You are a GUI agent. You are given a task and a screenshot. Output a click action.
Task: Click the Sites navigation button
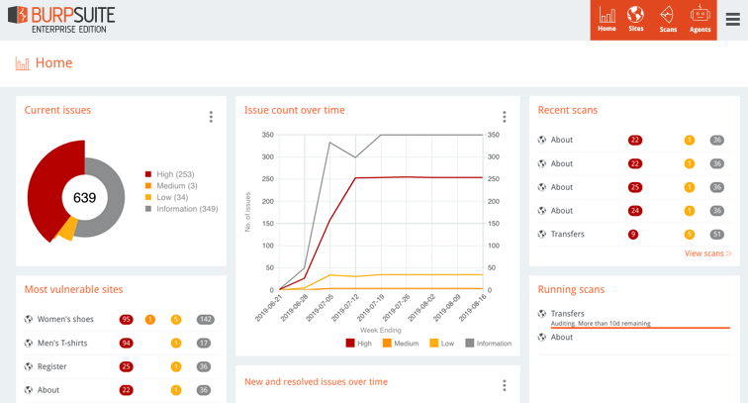635,19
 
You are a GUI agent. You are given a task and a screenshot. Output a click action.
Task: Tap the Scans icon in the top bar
668,19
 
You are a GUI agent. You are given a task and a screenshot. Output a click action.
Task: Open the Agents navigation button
700,19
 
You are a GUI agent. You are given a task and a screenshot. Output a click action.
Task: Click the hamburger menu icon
732,20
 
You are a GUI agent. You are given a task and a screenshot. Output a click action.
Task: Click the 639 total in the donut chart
84,198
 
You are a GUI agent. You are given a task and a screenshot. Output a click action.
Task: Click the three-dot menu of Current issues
211,117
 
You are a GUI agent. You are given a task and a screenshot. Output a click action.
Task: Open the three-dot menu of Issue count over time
504,117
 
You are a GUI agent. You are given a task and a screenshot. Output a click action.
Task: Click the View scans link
707,253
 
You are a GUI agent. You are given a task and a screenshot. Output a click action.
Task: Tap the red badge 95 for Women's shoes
126,320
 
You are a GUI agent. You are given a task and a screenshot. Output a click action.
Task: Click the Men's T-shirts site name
61,343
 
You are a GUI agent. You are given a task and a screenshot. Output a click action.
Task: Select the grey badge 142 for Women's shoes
205,320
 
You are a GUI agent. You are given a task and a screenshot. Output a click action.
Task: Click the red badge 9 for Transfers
633,235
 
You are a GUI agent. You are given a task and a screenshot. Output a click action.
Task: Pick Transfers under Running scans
567,314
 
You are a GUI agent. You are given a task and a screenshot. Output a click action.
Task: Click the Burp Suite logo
60,19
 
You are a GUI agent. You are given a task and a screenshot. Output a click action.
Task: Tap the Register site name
51,366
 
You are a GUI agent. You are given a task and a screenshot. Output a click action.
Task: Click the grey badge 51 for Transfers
716,235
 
